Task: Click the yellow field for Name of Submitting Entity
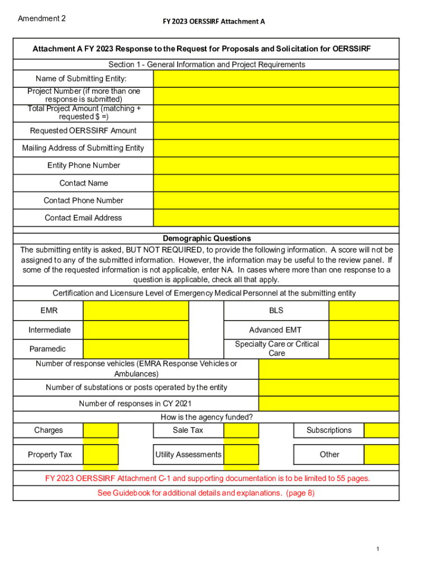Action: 276,79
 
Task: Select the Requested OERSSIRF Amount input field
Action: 276,131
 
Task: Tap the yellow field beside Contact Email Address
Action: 276,218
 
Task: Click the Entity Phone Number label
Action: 83,165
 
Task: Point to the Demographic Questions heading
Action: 207,238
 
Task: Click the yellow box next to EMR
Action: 136,311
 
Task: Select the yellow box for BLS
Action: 364,311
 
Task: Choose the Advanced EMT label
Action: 275,330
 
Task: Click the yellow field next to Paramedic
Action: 136,349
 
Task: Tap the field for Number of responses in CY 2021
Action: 328,404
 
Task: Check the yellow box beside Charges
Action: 101,430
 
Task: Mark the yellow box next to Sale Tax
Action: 241,430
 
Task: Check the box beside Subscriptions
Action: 381,430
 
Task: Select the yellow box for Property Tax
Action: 101,455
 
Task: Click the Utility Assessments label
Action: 188,455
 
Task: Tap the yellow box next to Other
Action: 381,455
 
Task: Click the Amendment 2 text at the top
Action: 42,18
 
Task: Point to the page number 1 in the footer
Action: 378,550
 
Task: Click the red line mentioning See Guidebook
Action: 206,493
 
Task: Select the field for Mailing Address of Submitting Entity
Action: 276,148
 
